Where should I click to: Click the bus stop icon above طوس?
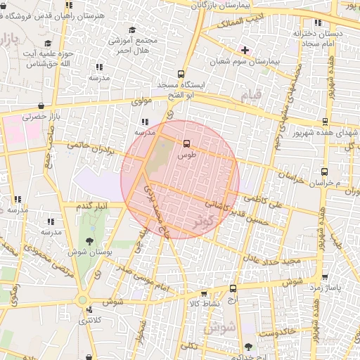186,143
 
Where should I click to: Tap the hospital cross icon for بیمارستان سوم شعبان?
245,50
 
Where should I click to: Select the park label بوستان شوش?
82,251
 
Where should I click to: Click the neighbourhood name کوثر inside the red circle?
206,221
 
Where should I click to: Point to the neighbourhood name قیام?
250,94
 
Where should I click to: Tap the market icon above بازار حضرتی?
42,108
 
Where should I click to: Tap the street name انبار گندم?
93,205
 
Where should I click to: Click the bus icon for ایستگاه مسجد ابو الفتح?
181,74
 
